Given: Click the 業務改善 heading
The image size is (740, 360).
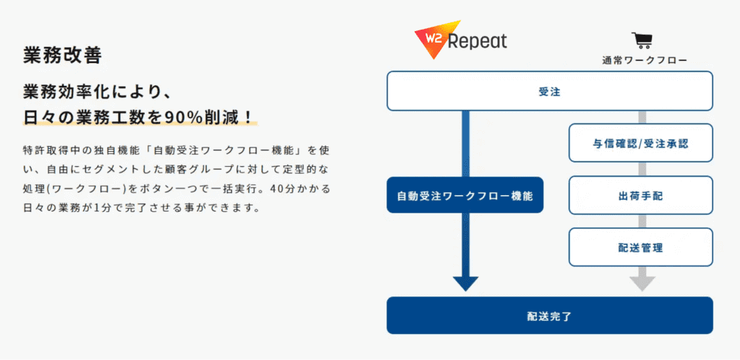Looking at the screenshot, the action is click(x=62, y=55).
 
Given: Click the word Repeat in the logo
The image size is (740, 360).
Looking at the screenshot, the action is click(x=477, y=41).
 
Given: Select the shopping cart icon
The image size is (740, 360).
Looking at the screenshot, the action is click(x=642, y=40).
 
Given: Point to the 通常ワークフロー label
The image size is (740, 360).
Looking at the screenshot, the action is click(x=644, y=61).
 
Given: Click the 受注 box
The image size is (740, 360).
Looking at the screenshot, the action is click(x=550, y=91).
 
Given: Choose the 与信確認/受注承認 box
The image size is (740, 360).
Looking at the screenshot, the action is click(x=640, y=143).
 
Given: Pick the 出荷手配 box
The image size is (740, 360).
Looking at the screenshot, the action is click(x=640, y=195).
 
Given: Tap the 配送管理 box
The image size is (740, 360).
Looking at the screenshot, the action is click(x=640, y=247).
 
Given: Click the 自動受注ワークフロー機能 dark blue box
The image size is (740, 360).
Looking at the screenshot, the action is click(x=465, y=195).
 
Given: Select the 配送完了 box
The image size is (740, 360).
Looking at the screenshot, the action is click(x=550, y=315).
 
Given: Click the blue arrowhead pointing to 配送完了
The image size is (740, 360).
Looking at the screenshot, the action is click(x=465, y=283).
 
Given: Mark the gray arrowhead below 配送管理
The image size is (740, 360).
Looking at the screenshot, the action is click(x=642, y=283).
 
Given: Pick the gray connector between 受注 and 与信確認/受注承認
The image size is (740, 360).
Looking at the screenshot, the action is click(x=642, y=117).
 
